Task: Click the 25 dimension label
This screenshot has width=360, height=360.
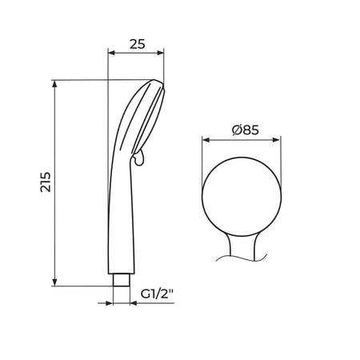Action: pos(138,44)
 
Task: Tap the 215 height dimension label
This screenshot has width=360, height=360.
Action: pos(46,182)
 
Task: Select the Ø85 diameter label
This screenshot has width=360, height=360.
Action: pos(246,130)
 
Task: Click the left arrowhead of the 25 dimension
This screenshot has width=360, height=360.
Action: pos(111,53)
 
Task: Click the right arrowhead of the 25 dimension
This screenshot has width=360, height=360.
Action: pos(160,53)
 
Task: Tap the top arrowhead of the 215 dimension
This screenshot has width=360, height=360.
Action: pos(54,84)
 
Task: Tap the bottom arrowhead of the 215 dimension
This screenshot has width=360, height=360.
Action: pos(54,282)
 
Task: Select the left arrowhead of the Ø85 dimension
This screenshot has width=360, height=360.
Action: pos(206,140)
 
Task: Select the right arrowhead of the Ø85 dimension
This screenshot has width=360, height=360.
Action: pos(276,140)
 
